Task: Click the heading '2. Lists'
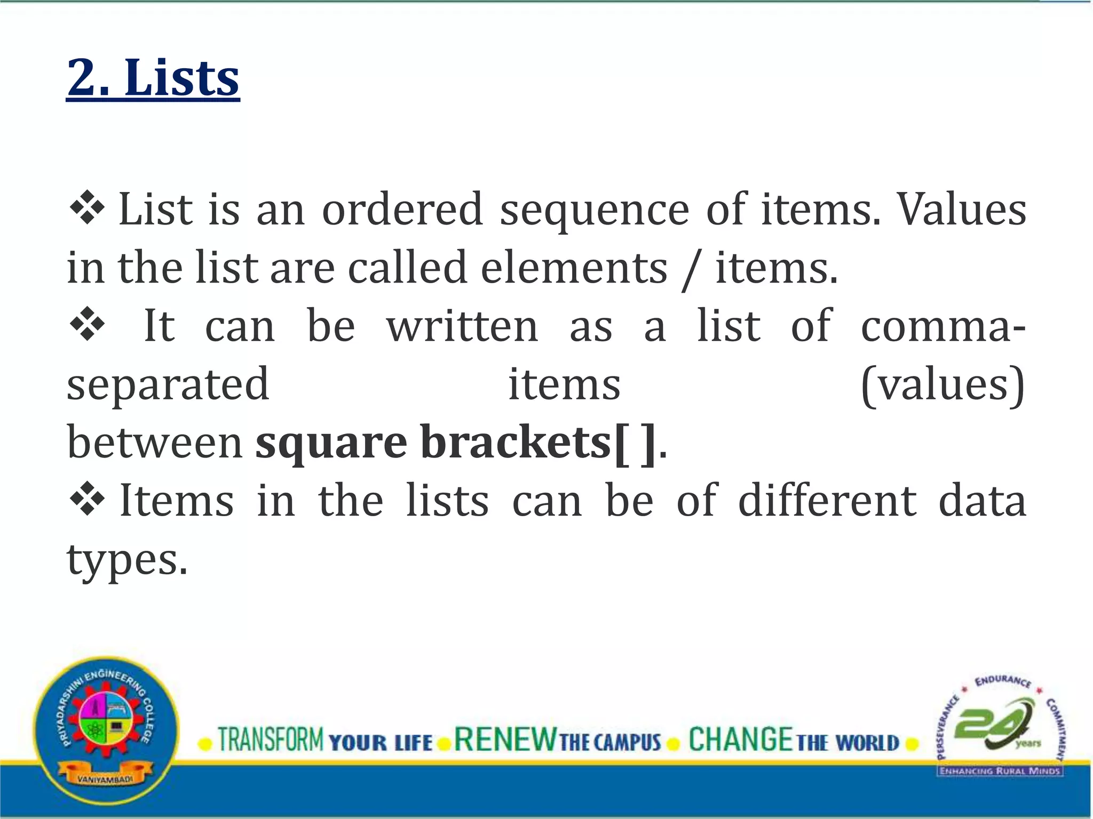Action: [153, 78]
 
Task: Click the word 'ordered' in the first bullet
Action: [402, 209]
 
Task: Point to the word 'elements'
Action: [574, 268]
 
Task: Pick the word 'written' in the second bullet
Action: [463, 326]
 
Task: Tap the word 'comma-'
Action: [942, 327]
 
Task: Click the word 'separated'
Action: [168, 385]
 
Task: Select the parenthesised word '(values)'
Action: [942, 385]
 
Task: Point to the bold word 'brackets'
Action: [516, 443]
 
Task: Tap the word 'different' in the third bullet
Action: [828, 501]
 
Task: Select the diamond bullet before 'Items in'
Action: [86, 502]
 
